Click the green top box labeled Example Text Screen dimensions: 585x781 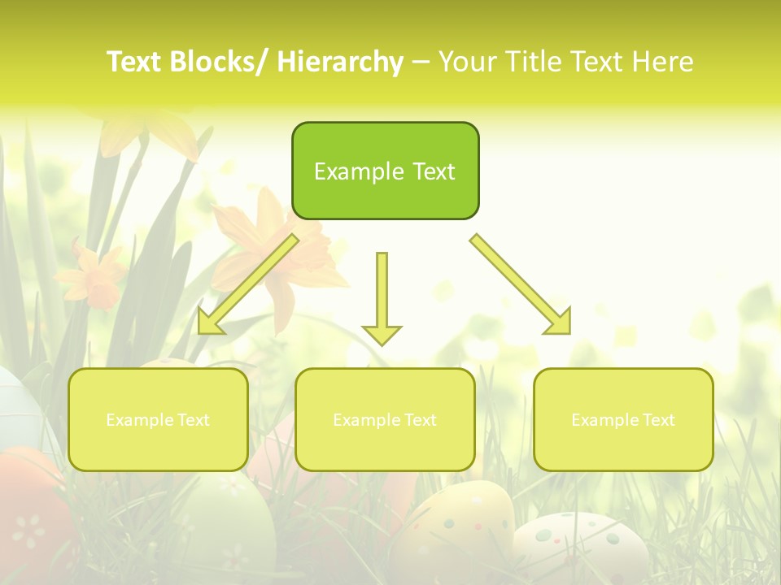[385, 171]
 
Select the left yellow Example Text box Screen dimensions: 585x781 [158, 419]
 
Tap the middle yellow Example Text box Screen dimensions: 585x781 [385, 419]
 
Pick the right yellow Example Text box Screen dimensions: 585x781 [623, 419]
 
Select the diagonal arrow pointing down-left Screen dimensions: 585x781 [247, 284]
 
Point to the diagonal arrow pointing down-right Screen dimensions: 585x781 [521, 284]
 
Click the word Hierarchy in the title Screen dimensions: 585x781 [340, 63]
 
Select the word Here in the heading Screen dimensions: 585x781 [664, 63]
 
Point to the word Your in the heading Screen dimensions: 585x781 [467, 63]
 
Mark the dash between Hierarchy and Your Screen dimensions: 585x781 [421, 63]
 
